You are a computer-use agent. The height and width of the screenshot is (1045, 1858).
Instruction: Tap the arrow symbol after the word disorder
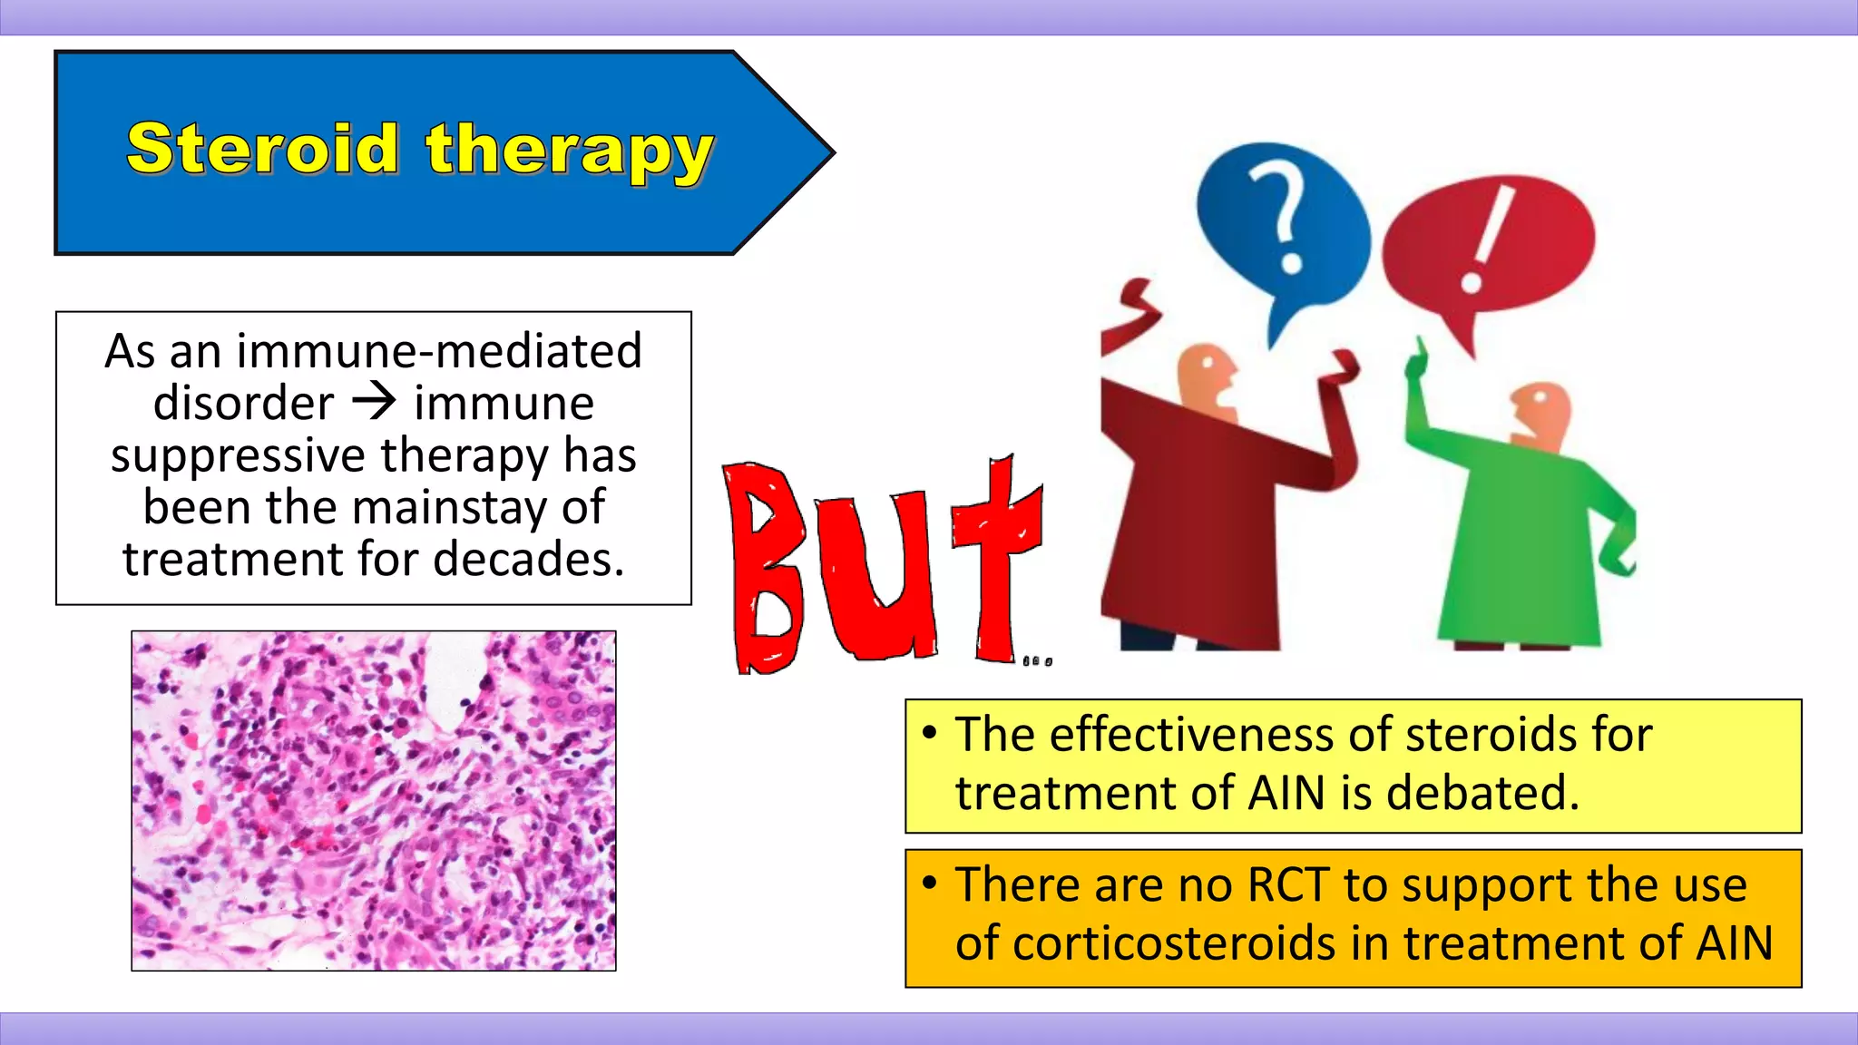(374, 402)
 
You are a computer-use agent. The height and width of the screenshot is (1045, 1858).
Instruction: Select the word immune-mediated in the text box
(439, 351)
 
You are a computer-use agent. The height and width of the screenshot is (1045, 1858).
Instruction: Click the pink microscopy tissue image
(374, 801)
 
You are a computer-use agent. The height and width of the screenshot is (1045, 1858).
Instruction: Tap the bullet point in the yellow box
(929, 732)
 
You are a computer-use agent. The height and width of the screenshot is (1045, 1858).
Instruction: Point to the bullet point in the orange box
(929, 883)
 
